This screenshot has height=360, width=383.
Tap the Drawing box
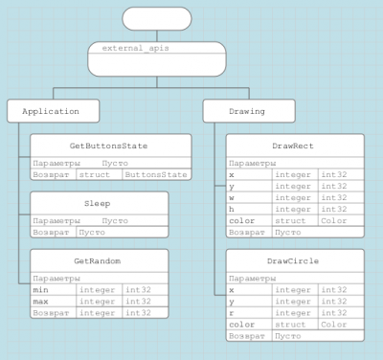(x=247, y=111)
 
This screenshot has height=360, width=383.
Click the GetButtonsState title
(x=108, y=146)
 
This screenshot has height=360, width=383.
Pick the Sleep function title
(x=98, y=203)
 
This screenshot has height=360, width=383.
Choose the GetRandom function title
(x=98, y=260)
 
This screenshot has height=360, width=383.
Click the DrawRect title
(x=294, y=146)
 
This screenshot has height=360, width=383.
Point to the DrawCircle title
(x=294, y=260)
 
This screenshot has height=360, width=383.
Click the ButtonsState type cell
(x=156, y=175)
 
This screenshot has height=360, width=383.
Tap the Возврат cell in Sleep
(x=52, y=233)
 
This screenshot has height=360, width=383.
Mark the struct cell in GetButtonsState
(x=95, y=175)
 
